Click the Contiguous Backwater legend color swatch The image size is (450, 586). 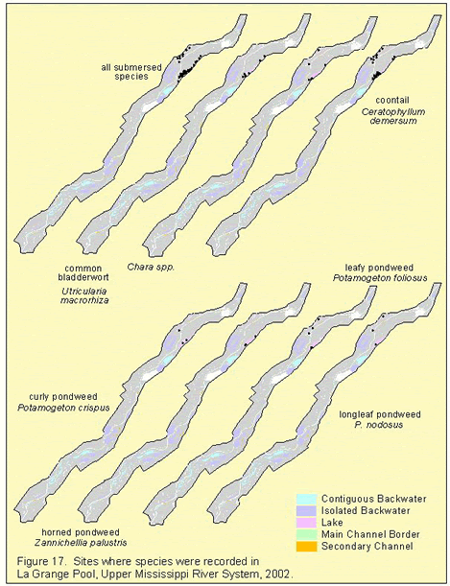306,499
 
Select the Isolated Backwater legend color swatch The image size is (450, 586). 306,511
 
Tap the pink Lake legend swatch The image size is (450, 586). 306,523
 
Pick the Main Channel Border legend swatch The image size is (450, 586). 306,534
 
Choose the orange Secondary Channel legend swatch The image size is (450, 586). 306,547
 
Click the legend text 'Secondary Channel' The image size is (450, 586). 367,547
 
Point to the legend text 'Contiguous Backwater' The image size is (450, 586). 374,499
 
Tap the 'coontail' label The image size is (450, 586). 392,100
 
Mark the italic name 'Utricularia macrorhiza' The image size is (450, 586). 84,295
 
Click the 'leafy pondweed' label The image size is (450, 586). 379,268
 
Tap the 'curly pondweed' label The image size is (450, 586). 63,396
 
